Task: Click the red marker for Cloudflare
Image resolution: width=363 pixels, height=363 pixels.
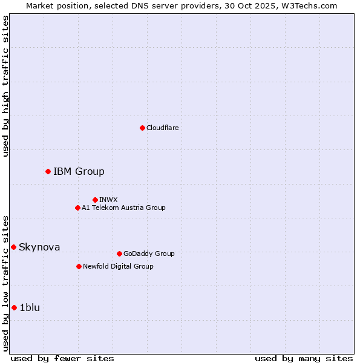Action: click(x=142, y=128)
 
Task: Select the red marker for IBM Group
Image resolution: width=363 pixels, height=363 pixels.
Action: click(x=48, y=171)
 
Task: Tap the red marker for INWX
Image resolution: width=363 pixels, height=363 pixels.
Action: click(x=95, y=200)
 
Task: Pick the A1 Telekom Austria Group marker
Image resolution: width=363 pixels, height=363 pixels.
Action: click(x=77, y=208)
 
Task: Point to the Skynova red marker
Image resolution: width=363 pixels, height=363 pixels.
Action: click(x=13, y=247)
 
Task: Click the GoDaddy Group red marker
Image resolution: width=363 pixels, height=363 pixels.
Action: click(x=119, y=253)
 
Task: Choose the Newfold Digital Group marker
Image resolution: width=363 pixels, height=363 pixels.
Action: click(x=79, y=266)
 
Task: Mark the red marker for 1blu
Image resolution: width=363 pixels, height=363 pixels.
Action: click(x=14, y=307)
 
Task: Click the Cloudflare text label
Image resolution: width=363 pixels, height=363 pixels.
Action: click(x=163, y=128)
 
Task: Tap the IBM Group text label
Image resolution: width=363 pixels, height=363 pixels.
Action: click(x=79, y=171)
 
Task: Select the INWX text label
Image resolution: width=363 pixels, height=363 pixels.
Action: click(x=108, y=200)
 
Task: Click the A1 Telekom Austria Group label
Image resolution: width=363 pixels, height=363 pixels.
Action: click(x=123, y=208)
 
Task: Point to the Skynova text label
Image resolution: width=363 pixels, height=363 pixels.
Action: click(x=39, y=247)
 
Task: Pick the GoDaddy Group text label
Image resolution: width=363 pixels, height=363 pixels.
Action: click(x=149, y=253)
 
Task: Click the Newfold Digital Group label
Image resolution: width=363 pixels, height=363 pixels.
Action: click(x=118, y=266)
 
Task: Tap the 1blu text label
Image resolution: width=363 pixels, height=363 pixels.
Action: click(x=30, y=307)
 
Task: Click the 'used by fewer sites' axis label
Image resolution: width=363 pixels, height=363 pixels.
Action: click(x=62, y=358)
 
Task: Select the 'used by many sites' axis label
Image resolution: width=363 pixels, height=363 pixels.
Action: click(x=304, y=358)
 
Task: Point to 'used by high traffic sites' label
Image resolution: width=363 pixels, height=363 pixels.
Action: click(x=5, y=86)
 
